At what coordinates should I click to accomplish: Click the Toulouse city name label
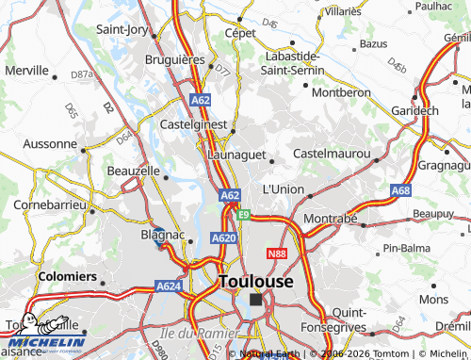(x=255, y=281)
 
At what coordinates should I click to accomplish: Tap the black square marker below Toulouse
(x=255, y=300)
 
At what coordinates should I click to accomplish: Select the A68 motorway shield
(x=401, y=190)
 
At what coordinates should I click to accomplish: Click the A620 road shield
(x=223, y=238)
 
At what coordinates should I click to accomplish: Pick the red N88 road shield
(x=277, y=254)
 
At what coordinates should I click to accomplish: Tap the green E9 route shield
(x=244, y=215)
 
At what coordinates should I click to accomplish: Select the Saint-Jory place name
(x=122, y=29)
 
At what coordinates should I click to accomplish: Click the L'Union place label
(x=283, y=188)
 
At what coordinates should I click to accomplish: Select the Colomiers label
(x=68, y=277)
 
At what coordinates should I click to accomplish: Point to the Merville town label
(x=26, y=70)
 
